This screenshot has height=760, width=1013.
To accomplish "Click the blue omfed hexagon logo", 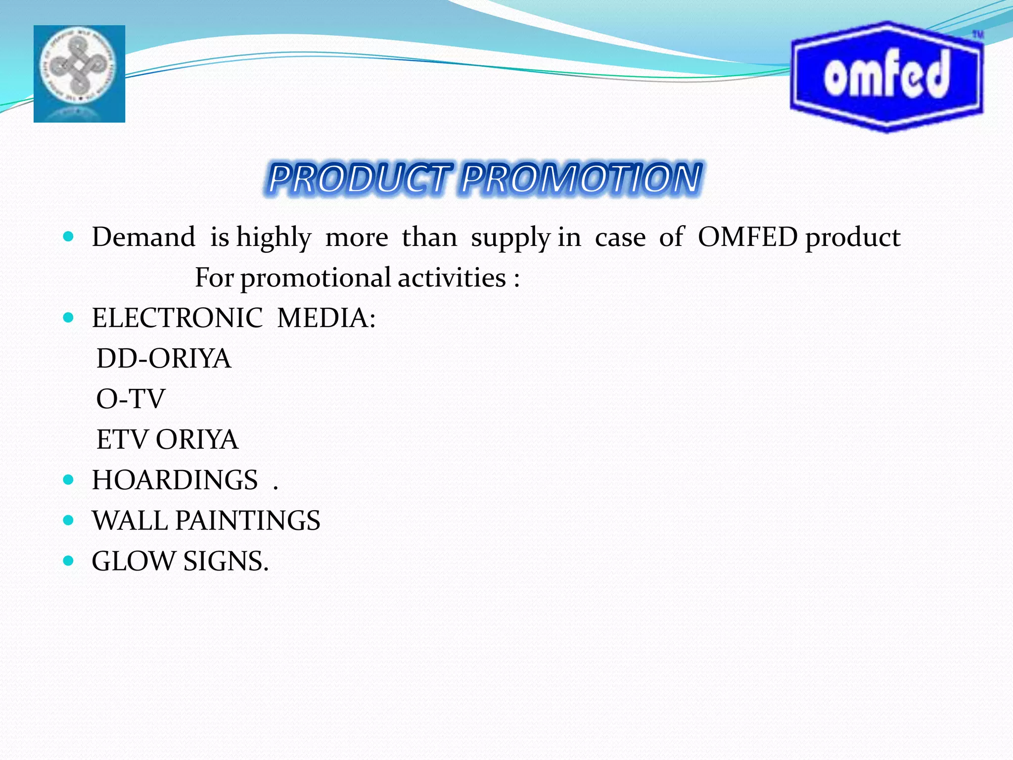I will point(886,77).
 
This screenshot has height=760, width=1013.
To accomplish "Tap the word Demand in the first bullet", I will point(143,237).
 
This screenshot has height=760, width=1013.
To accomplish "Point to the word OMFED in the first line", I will point(747,237).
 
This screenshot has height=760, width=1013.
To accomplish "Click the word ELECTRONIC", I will point(177,318).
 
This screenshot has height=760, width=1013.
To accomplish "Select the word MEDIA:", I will point(326,318).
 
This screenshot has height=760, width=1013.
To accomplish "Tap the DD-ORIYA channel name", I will point(164,358).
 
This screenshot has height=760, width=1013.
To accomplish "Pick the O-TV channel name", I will point(131,399).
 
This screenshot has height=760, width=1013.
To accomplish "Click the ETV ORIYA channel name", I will point(167,439).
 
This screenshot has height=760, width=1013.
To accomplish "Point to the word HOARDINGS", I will point(175,480).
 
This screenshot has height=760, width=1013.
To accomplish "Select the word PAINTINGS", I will point(248,521).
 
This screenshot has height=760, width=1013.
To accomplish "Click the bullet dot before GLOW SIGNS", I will point(69,561).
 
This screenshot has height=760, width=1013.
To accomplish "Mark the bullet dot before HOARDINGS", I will point(69,480).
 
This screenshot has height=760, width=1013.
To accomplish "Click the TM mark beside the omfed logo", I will point(978,35).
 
